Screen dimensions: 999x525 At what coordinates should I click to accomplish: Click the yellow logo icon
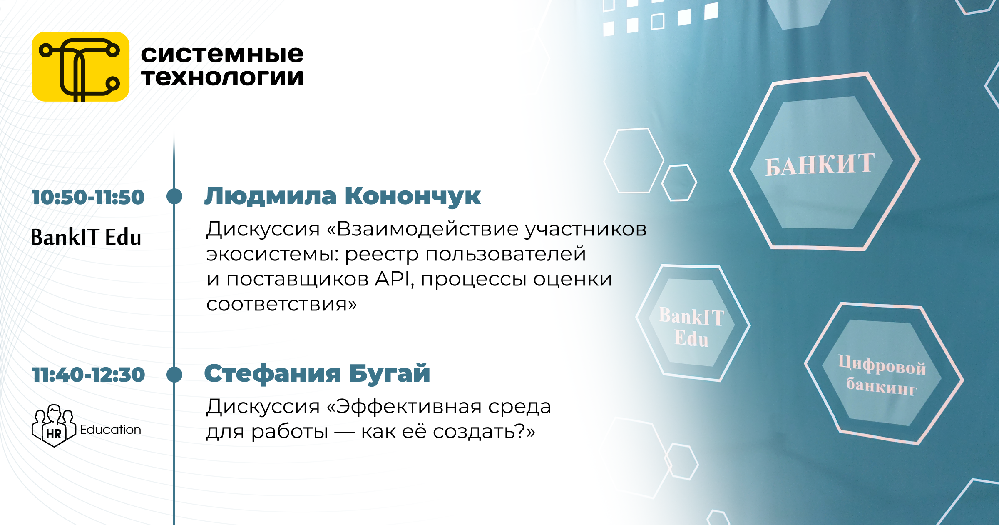point(80,67)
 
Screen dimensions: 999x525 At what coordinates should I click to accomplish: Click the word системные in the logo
point(222,54)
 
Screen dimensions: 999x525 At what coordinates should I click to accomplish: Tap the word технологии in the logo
point(222,77)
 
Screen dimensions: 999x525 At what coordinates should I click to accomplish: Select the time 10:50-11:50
point(88,197)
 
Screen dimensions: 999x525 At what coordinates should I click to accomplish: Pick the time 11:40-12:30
point(88,375)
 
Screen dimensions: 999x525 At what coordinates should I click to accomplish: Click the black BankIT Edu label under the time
point(86,237)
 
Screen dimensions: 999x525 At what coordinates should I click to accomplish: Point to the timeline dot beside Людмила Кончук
point(174,196)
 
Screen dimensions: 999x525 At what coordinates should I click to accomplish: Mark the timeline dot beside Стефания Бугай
point(174,374)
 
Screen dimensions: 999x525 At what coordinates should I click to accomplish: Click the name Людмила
point(271,196)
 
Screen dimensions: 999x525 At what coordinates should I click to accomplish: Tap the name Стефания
point(273,373)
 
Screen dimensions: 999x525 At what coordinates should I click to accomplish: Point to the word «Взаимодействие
point(422,229)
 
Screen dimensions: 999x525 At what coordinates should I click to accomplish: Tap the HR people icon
point(54,426)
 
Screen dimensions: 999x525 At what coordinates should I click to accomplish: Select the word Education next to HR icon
point(110,430)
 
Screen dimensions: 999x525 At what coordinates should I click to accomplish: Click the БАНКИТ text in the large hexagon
point(820,165)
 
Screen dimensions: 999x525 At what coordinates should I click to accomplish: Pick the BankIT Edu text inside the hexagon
point(691,327)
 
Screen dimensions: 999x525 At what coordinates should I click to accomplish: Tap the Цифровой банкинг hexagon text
point(882,375)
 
